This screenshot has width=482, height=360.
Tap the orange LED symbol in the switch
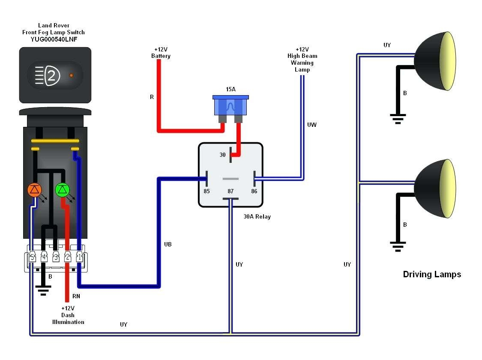[x=34, y=189]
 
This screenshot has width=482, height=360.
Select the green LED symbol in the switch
[x=63, y=189]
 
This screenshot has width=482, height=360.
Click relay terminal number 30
[x=223, y=155]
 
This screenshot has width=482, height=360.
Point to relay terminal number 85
[x=207, y=191]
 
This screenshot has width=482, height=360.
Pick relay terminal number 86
[x=254, y=191]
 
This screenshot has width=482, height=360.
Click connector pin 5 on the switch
[x=32, y=258]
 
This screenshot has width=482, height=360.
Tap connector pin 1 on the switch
[x=79, y=258]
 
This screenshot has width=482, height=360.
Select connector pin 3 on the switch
[x=56, y=258]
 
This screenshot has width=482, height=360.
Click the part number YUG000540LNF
[x=54, y=39]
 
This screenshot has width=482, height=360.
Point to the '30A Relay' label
[x=257, y=216]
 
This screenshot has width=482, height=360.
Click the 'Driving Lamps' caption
[x=432, y=274]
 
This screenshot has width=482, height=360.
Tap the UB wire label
[x=168, y=244]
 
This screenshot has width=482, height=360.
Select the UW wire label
[x=312, y=125]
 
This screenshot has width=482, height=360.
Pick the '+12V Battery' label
[x=161, y=53]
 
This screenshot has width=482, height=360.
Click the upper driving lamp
[x=434, y=60]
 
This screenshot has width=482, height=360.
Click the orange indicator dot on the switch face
[x=71, y=75]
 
